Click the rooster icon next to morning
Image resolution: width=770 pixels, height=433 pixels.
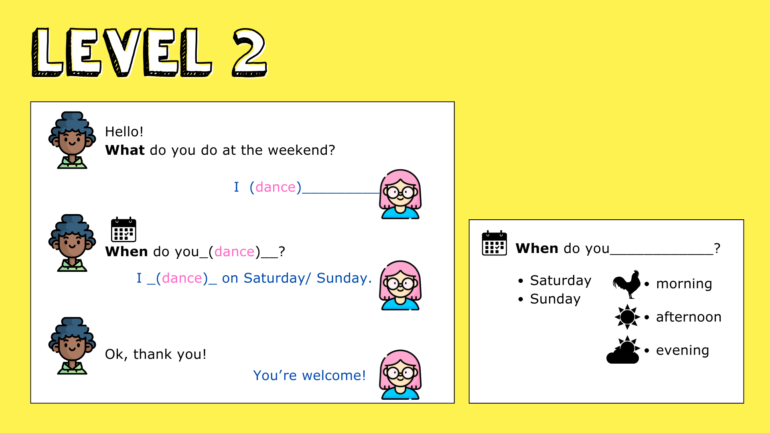[x=626, y=284]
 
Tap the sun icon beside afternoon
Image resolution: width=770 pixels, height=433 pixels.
[x=627, y=317]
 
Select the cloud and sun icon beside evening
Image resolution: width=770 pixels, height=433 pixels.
[x=623, y=350]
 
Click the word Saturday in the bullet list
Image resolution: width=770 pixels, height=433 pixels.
[x=561, y=281]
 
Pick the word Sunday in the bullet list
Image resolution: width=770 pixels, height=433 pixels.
[x=555, y=299]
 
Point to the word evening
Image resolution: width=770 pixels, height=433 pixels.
[x=683, y=350]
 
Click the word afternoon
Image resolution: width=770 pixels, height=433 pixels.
[x=689, y=317]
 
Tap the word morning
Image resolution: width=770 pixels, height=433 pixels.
[x=684, y=284]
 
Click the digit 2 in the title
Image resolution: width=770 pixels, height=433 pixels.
[x=249, y=52]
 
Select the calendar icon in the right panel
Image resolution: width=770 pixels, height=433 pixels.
[x=494, y=243]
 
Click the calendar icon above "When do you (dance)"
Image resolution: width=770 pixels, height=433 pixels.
[x=124, y=229]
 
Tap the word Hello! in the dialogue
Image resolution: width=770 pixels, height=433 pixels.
[x=124, y=132]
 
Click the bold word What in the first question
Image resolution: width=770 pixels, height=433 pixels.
[x=125, y=150]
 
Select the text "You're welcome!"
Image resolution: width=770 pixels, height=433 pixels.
[x=310, y=375]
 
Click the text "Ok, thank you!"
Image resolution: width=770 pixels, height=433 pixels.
[x=156, y=354]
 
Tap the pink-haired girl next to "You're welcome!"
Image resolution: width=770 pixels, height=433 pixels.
[x=400, y=374]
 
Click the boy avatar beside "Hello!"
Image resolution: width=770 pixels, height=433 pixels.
[x=72, y=140]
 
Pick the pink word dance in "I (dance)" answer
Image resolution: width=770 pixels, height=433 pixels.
[x=276, y=187]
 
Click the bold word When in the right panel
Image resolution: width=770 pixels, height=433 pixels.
[x=537, y=249]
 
